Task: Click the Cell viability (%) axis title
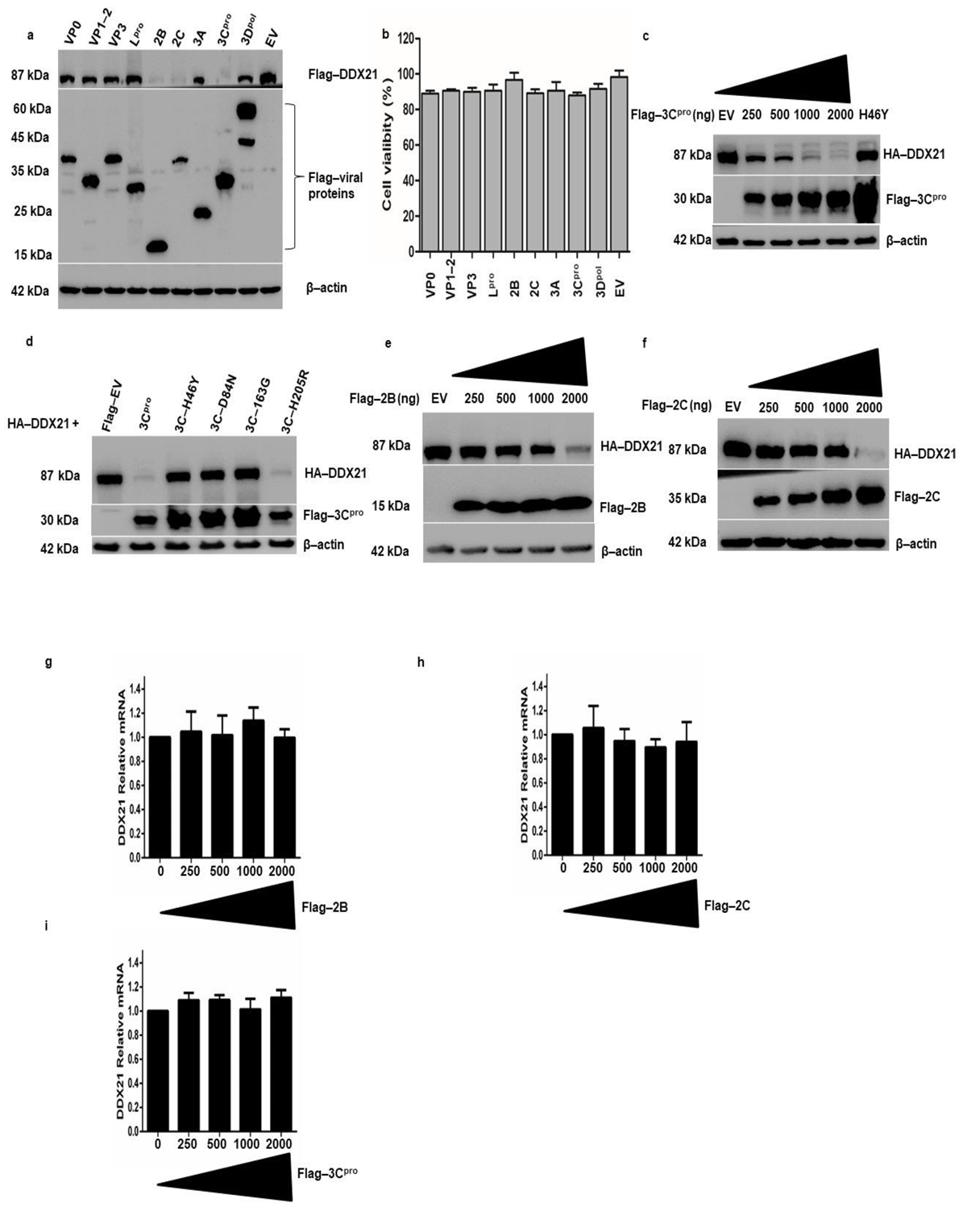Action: pos(388,147)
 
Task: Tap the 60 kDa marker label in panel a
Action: pos(30,109)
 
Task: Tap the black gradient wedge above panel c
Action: pos(806,81)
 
